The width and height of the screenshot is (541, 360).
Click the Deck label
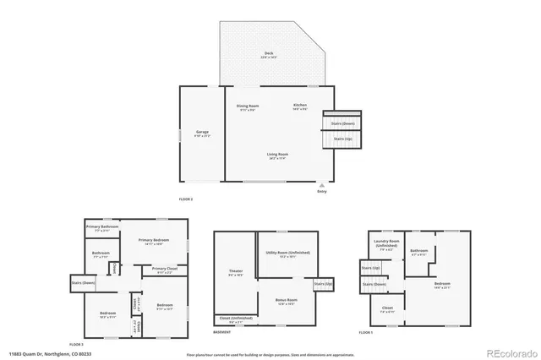pos(268,54)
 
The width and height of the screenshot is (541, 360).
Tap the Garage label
pos(202,133)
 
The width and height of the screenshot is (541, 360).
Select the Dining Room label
pos(247,106)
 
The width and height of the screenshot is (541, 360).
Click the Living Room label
pos(278,155)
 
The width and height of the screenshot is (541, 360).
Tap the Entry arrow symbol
pos(321,185)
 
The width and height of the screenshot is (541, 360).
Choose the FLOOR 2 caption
pos(186,199)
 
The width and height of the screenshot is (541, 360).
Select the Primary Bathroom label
pos(101,226)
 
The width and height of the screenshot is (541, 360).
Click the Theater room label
pos(236,272)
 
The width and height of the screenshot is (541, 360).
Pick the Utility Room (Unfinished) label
pos(287,253)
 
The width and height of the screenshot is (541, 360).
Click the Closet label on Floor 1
pos(387,308)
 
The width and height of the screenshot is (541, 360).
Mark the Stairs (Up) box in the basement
pos(324,284)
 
